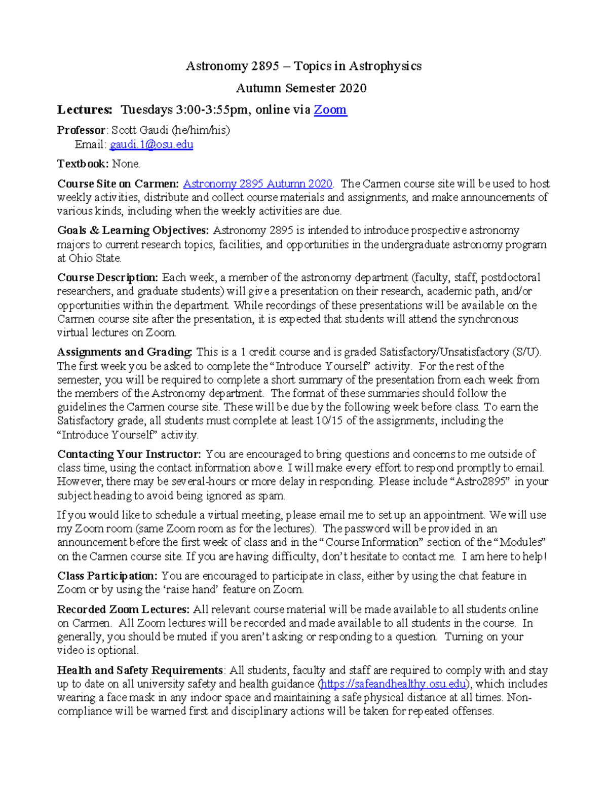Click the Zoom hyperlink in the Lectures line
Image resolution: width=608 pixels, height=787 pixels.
pyautogui.click(x=330, y=110)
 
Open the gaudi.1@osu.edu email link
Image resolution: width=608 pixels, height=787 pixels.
pyautogui.click(x=151, y=145)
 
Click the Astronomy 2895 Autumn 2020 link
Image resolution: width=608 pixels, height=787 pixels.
pyautogui.click(x=257, y=184)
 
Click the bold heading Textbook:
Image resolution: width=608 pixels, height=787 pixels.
pyautogui.click(x=83, y=164)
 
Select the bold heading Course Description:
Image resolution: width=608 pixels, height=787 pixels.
pyautogui.click(x=107, y=278)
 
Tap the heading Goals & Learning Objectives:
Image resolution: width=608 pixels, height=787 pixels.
pyautogui.click(x=133, y=231)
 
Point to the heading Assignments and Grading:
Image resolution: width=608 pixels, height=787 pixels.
pyautogui.click(x=125, y=352)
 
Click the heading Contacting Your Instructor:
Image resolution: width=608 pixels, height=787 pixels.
pyautogui.click(x=129, y=454)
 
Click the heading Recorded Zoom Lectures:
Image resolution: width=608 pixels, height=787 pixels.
pyautogui.click(x=123, y=610)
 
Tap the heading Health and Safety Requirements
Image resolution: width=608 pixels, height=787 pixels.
pyautogui.click(x=140, y=670)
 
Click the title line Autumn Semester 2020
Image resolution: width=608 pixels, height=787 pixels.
pyautogui.click(x=301, y=88)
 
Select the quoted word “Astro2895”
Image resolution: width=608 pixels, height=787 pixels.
pyautogui.click(x=480, y=482)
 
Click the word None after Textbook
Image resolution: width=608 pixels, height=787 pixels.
pyautogui.click(x=125, y=164)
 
